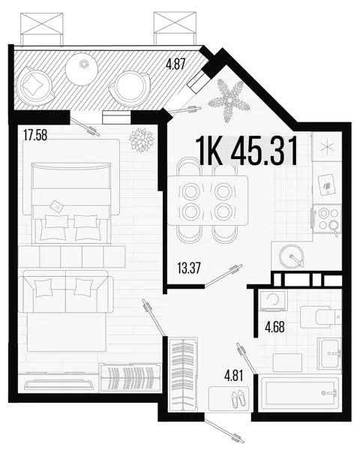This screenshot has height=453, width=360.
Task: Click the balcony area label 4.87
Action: (175, 64)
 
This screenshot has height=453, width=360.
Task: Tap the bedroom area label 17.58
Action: (35, 135)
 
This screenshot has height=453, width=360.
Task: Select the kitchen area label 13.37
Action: (189, 268)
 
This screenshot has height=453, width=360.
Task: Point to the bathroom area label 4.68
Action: (274, 327)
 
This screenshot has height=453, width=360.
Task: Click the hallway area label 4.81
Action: (234, 376)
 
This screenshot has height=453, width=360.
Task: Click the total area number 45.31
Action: (264, 151)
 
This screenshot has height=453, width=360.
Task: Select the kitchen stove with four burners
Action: (327, 219)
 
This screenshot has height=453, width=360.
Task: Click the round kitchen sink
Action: (292, 256)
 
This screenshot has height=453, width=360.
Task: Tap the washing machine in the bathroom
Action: (273, 301)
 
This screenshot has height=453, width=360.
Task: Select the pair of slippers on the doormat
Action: (239, 400)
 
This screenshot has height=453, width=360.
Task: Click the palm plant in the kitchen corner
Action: (229, 100)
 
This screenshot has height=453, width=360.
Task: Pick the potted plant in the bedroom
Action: (141, 140)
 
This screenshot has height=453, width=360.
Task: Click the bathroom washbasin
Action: (329, 353)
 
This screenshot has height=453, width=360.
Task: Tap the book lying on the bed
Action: (57, 206)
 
